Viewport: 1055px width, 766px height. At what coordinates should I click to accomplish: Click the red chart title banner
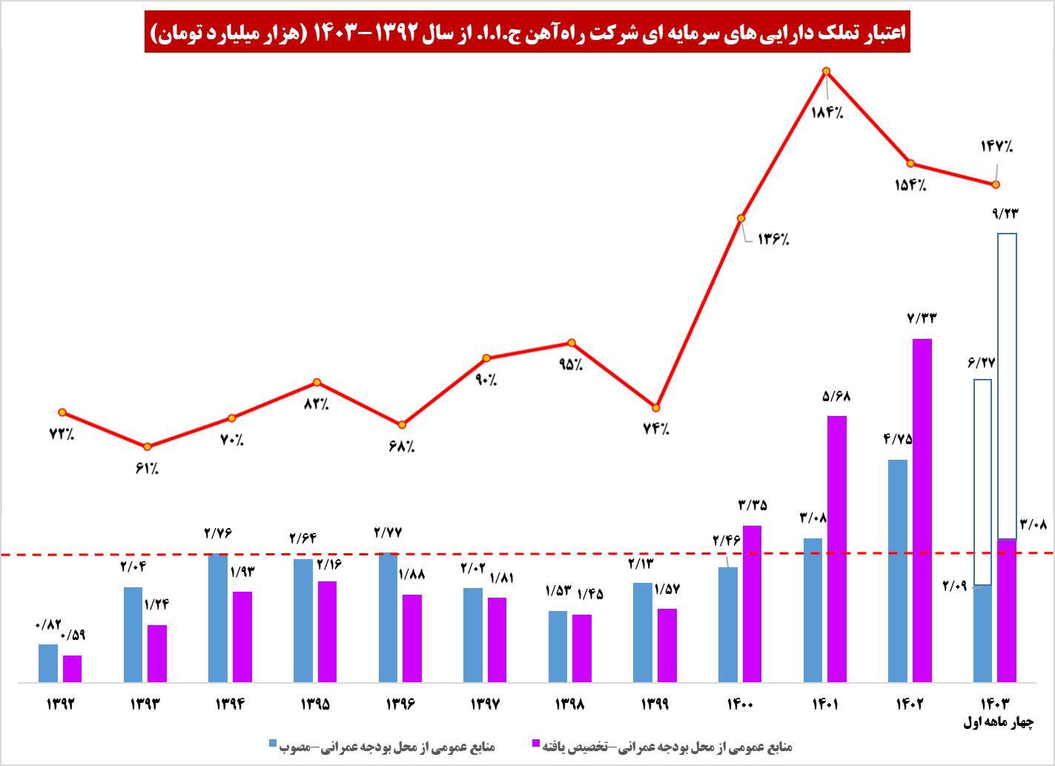[527, 34]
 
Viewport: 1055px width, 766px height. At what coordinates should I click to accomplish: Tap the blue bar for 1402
[897, 570]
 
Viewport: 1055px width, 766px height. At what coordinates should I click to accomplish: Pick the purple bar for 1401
[837, 549]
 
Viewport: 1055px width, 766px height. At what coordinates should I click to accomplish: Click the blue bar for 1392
[48, 663]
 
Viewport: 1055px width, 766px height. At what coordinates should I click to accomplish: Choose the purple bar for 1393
[157, 653]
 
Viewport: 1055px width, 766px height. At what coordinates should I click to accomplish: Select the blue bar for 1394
[218, 618]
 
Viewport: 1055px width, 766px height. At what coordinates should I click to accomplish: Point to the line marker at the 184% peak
[827, 72]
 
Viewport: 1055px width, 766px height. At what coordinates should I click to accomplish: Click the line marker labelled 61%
[147, 446]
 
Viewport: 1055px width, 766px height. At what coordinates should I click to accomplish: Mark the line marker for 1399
[656, 407]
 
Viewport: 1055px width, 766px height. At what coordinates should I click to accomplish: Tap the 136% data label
[773, 240]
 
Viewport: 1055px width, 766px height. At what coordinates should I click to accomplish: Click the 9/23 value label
[1005, 214]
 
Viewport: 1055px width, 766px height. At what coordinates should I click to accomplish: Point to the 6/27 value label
[981, 363]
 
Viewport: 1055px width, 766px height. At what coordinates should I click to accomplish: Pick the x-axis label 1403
[994, 704]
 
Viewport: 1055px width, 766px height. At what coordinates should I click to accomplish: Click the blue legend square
[272, 744]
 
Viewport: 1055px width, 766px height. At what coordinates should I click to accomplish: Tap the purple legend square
[537, 744]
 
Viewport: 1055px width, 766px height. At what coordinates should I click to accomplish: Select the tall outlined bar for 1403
[1006, 386]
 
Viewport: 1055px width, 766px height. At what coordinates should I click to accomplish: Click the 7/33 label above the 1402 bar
[922, 318]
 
